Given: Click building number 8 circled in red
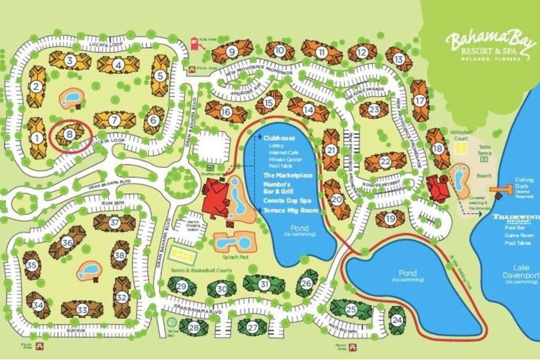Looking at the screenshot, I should (x=70, y=134).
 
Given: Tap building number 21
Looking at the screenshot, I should (x=331, y=150).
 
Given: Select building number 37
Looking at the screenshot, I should (x=114, y=222).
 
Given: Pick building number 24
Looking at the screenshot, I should (x=397, y=319).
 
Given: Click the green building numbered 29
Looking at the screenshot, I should (x=182, y=286).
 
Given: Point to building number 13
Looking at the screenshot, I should (x=399, y=59).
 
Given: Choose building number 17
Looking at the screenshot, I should (x=420, y=100).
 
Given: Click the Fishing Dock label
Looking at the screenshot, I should (x=524, y=186).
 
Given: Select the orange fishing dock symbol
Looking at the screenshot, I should (x=502, y=189).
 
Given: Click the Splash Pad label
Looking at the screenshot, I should (x=230, y=257).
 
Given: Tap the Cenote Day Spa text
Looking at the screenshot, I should (x=286, y=201).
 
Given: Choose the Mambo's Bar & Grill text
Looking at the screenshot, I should (x=277, y=188).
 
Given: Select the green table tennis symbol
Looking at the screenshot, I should (x=484, y=158).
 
